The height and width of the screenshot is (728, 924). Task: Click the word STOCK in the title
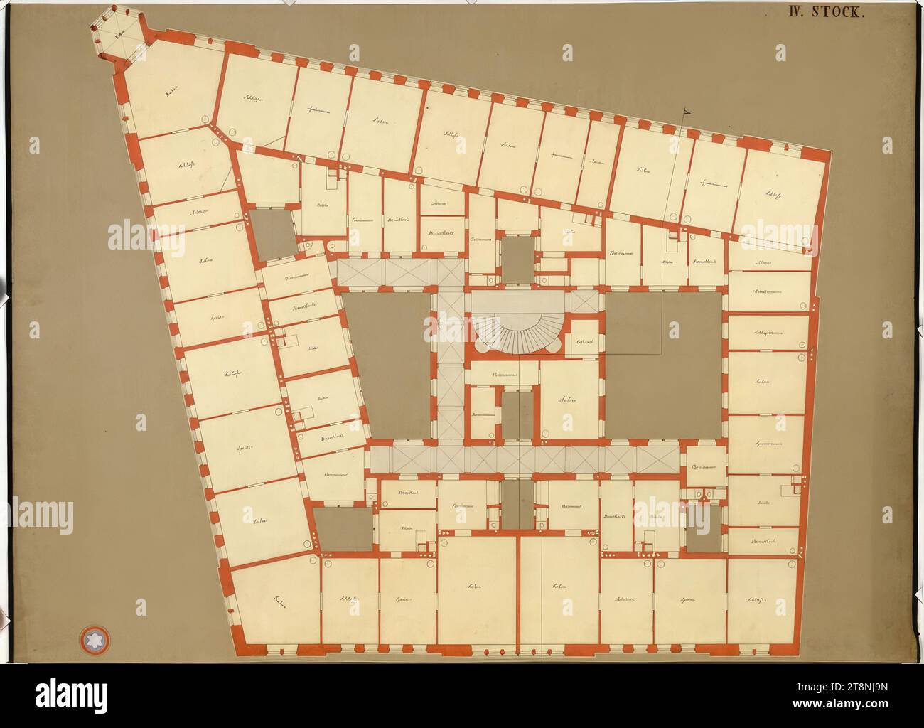click(x=838, y=12)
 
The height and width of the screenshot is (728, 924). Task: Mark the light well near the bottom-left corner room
click(x=343, y=528)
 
